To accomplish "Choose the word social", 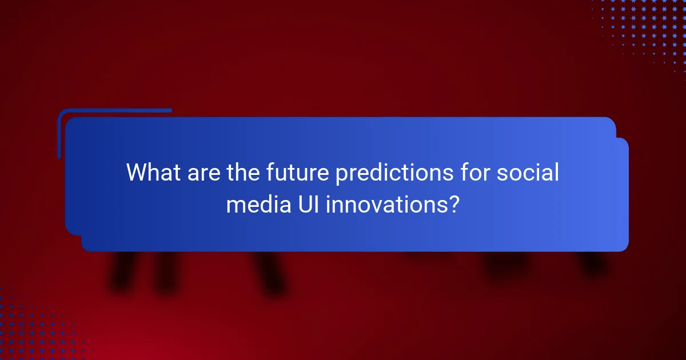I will pos(528,173).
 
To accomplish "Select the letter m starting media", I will pos(234,205).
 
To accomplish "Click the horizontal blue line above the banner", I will pos(114,110).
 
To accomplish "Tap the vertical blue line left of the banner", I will pos(59,134).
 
